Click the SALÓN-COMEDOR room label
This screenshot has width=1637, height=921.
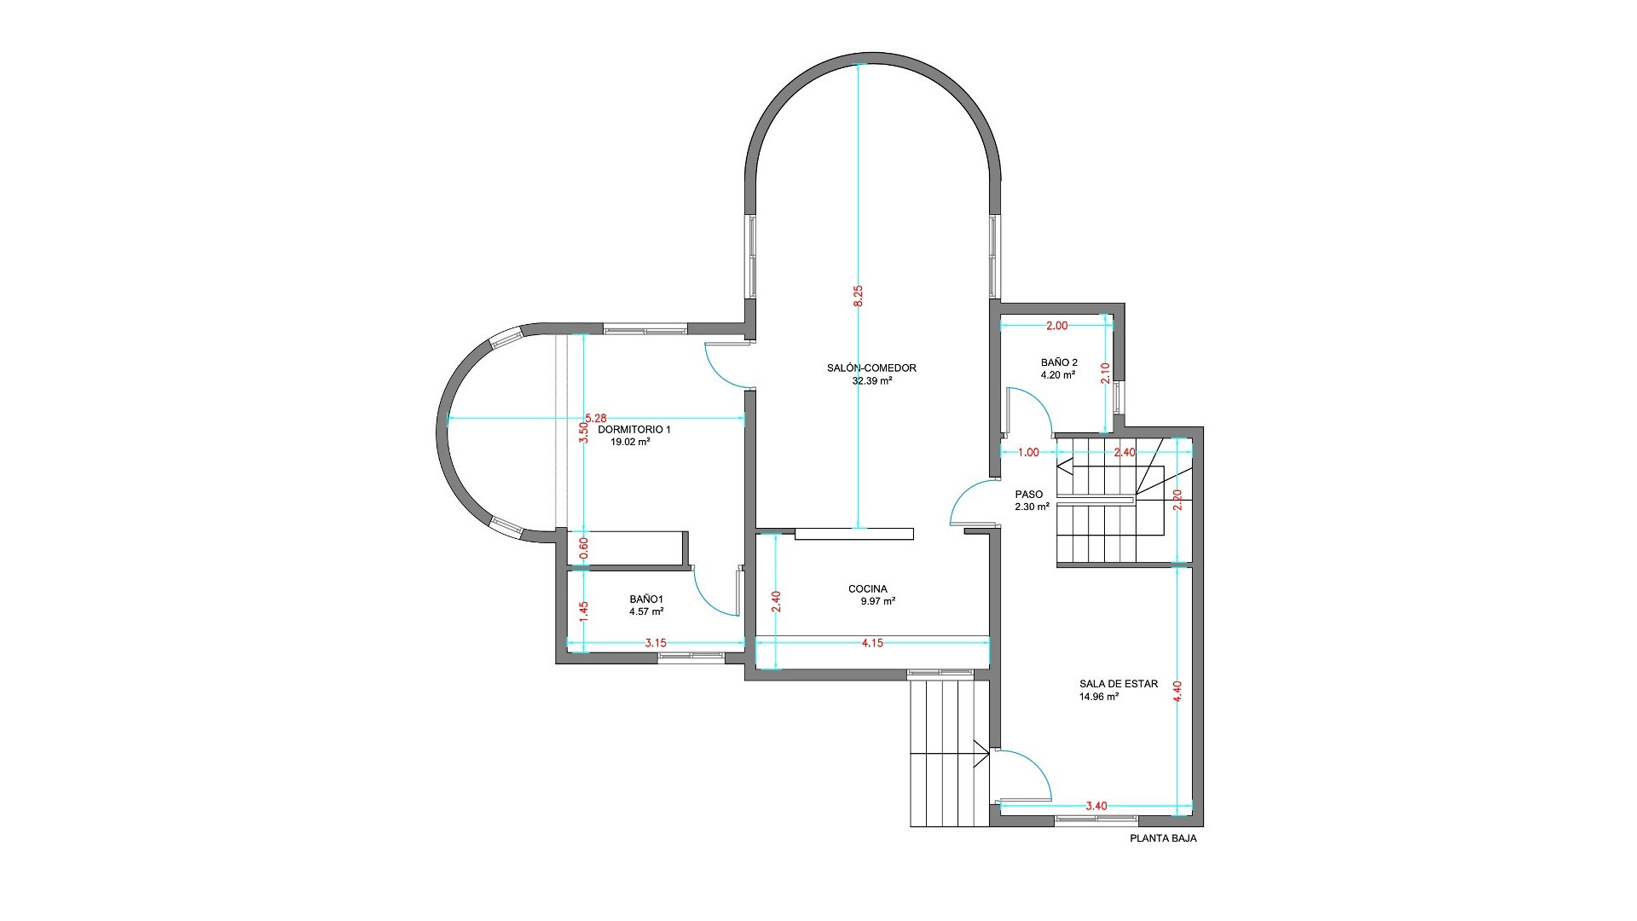(x=871, y=368)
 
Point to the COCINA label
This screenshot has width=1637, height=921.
(x=868, y=588)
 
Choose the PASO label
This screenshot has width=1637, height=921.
(x=1028, y=495)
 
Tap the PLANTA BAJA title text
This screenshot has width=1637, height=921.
(x=1163, y=839)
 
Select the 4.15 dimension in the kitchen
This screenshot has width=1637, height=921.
(x=872, y=643)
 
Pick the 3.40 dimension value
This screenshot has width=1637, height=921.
(x=1096, y=806)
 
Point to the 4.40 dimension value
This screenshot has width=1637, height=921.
(x=1177, y=691)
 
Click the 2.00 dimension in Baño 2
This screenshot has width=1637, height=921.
(x=1056, y=326)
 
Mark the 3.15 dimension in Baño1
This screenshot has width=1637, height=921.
(x=655, y=643)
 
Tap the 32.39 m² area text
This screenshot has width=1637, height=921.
(x=872, y=381)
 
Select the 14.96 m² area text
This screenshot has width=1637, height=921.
(x=1099, y=696)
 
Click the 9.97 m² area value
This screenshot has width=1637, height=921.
(x=878, y=601)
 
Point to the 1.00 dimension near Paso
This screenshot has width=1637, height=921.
(x=1029, y=453)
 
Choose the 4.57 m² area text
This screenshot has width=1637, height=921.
(x=646, y=611)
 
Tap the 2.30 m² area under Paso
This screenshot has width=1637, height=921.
(x=1032, y=507)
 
